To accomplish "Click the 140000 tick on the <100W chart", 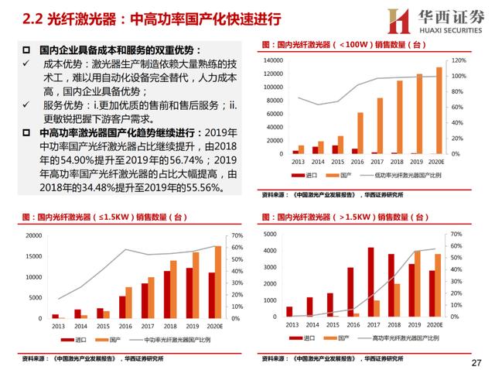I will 275,60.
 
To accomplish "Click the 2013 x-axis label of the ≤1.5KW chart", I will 57,327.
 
